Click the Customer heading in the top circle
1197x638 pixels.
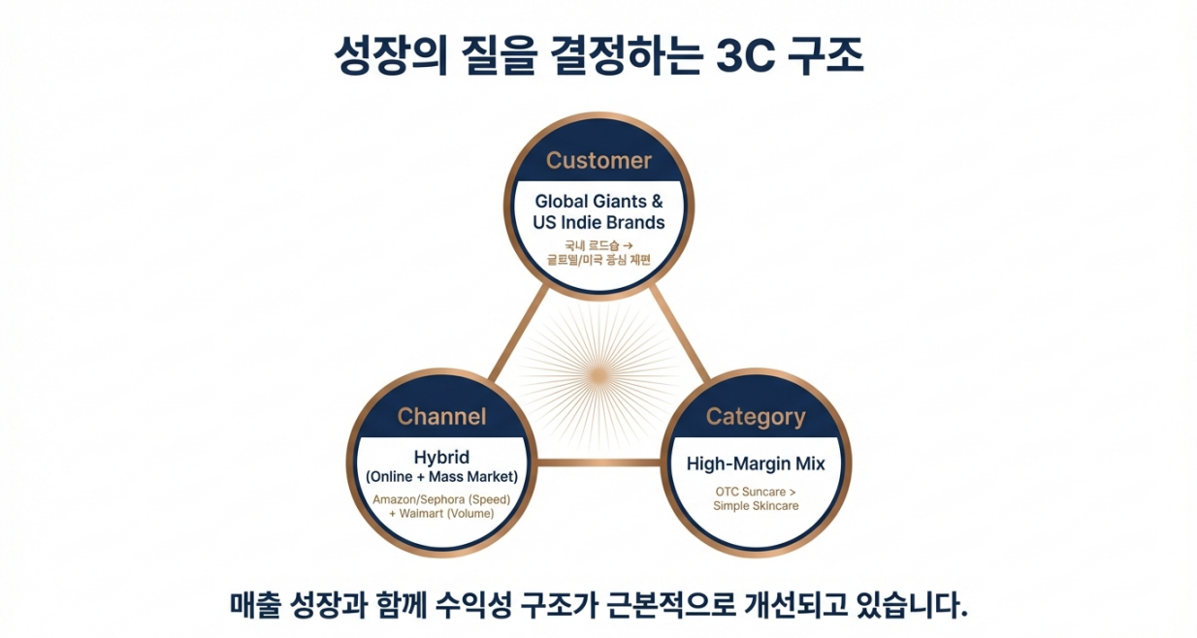point(598,160)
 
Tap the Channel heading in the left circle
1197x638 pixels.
point(441,416)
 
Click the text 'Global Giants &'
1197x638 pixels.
point(598,202)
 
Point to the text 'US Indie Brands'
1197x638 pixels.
point(598,222)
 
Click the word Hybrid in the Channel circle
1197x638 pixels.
point(441,458)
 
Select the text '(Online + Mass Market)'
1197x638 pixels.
point(441,476)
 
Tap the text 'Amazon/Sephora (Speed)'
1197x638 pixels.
point(441,499)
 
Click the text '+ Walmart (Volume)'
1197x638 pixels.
point(441,513)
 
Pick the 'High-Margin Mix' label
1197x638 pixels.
point(756,463)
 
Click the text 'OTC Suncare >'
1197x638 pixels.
point(756,492)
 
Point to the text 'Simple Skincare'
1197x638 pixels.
point(756,505)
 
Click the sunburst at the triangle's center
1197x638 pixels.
point(598,373)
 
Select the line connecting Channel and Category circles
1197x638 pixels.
point(598,463)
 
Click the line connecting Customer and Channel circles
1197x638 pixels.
point(512,335)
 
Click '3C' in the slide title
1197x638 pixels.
point(746,57)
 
